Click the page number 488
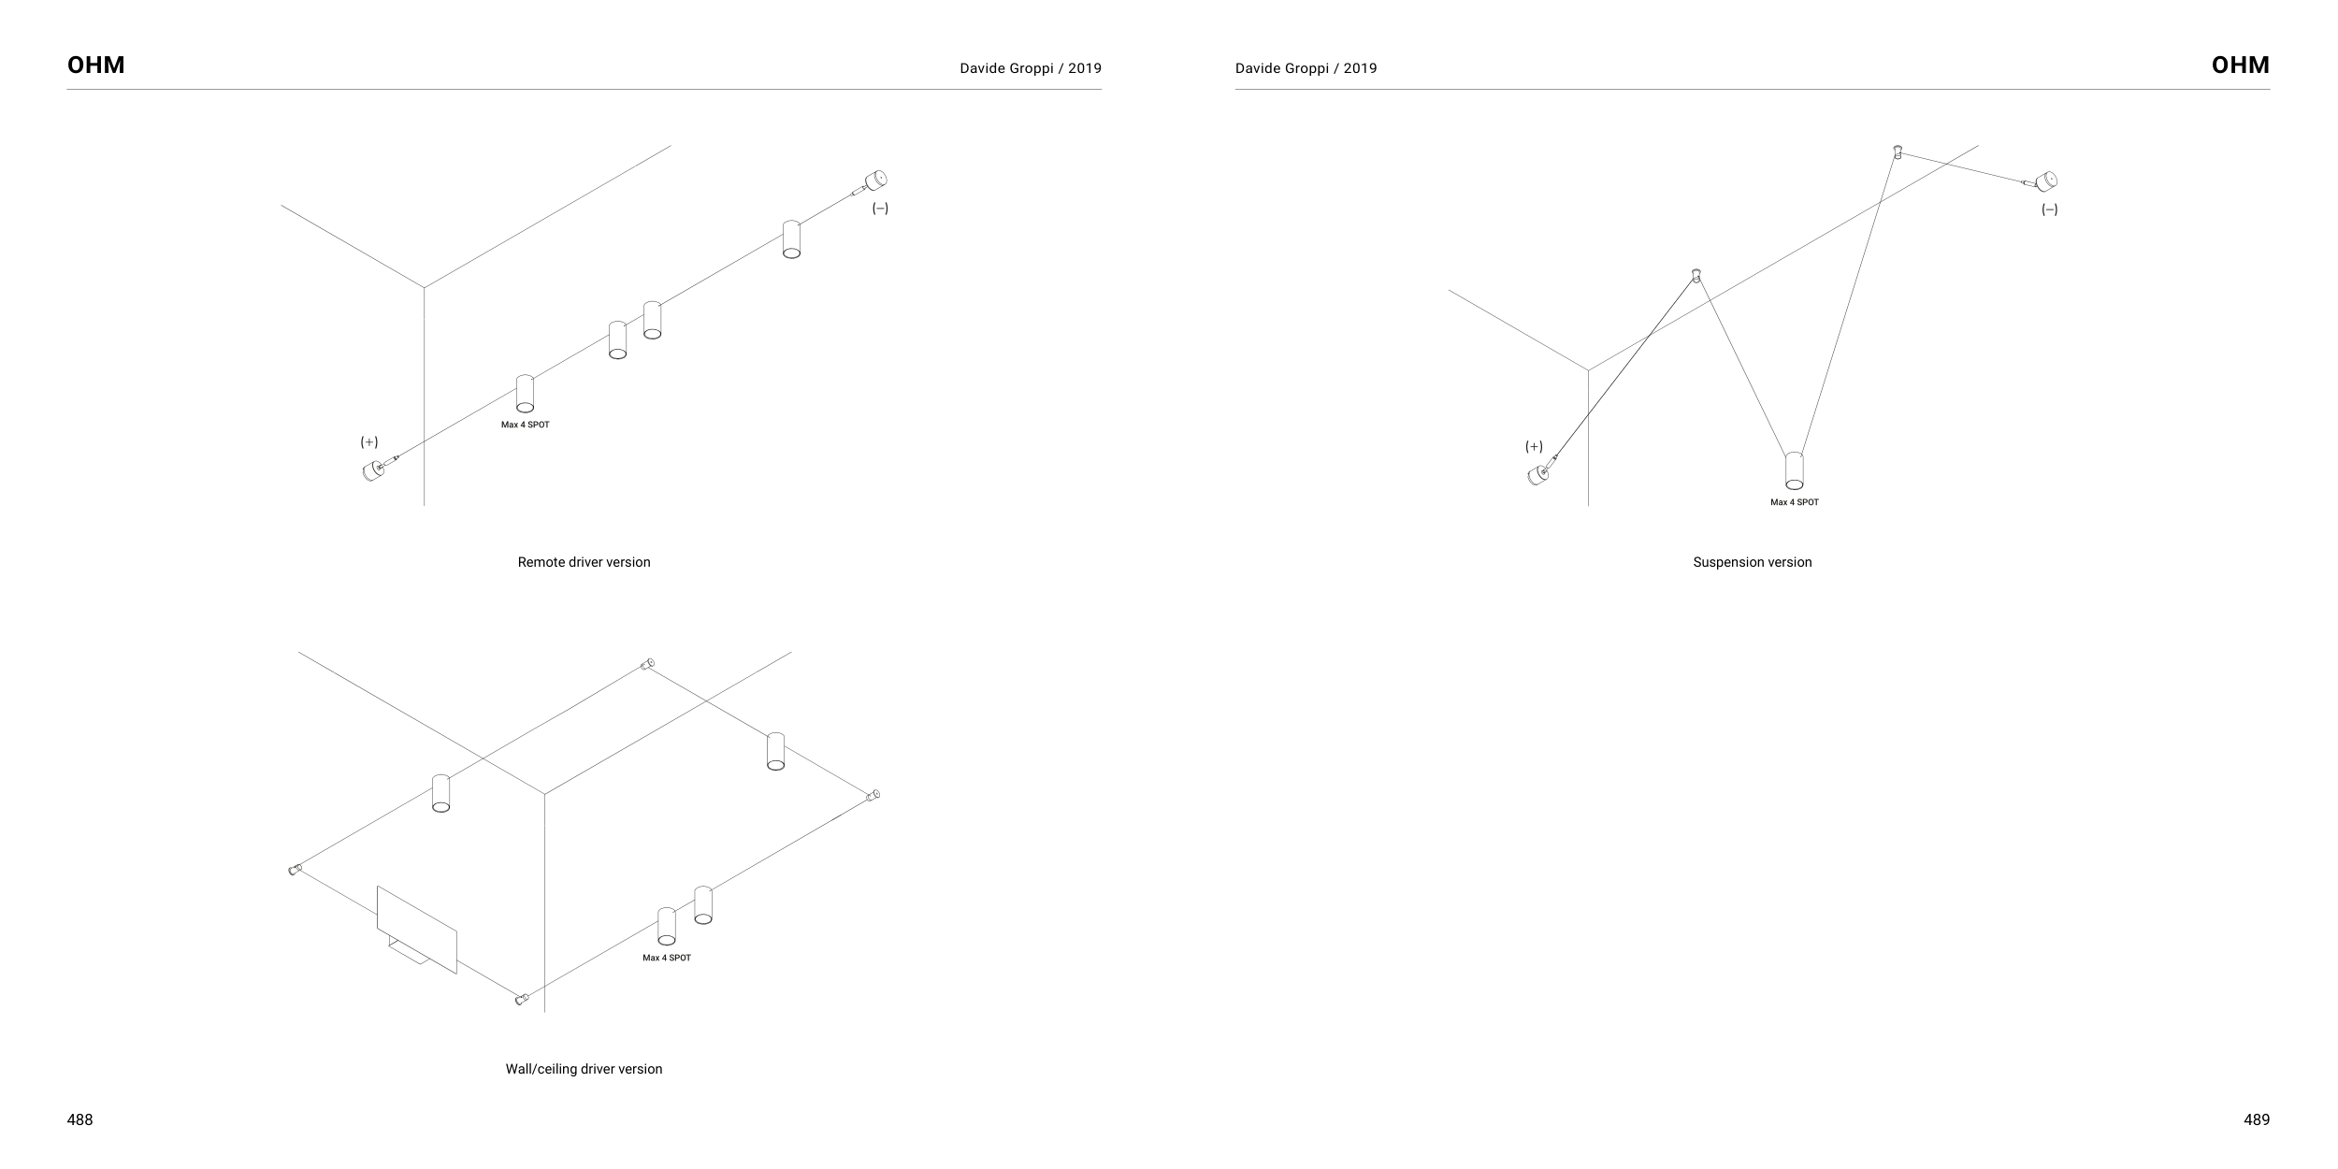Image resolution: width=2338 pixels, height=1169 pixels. [x=80, y=1119]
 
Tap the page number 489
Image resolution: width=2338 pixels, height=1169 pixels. [x=2256, y=1119]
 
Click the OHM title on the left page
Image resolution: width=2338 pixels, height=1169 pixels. [x=96, y=65]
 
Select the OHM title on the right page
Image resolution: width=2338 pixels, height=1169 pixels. [x=2240, y=65]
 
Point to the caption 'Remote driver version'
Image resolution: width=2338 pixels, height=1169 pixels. [x=584, y=562]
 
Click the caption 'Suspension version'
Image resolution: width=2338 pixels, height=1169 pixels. [x=1752, y=562]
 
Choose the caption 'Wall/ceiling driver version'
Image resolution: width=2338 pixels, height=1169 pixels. [x=584, y=1069]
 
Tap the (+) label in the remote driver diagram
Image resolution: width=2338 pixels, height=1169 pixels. [x=369, y=441]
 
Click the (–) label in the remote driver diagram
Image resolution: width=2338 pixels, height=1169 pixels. [x=880, y=209]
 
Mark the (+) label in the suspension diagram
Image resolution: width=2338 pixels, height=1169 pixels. [x=1534, y=446]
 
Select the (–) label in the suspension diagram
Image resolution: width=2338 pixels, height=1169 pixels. [x=2049, y=209]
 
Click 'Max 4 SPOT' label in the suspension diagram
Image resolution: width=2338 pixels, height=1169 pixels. [x=1794, y=502]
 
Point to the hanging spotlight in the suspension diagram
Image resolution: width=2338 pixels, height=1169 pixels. [x=1794, y=470]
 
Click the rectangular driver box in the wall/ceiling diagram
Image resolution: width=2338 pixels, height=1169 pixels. [x=417, y=929]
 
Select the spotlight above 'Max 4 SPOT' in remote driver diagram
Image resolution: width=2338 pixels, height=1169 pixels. [x=526, y=394]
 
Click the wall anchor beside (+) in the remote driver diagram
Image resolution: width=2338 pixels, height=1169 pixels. [x=373, y=469]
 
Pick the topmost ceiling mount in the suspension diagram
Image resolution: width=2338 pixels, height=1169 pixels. [x=1898, y=152]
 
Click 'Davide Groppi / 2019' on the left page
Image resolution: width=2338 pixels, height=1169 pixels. [x=1030, y=68]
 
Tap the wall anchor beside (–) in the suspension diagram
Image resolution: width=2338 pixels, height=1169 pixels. [x=2045, y=180]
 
